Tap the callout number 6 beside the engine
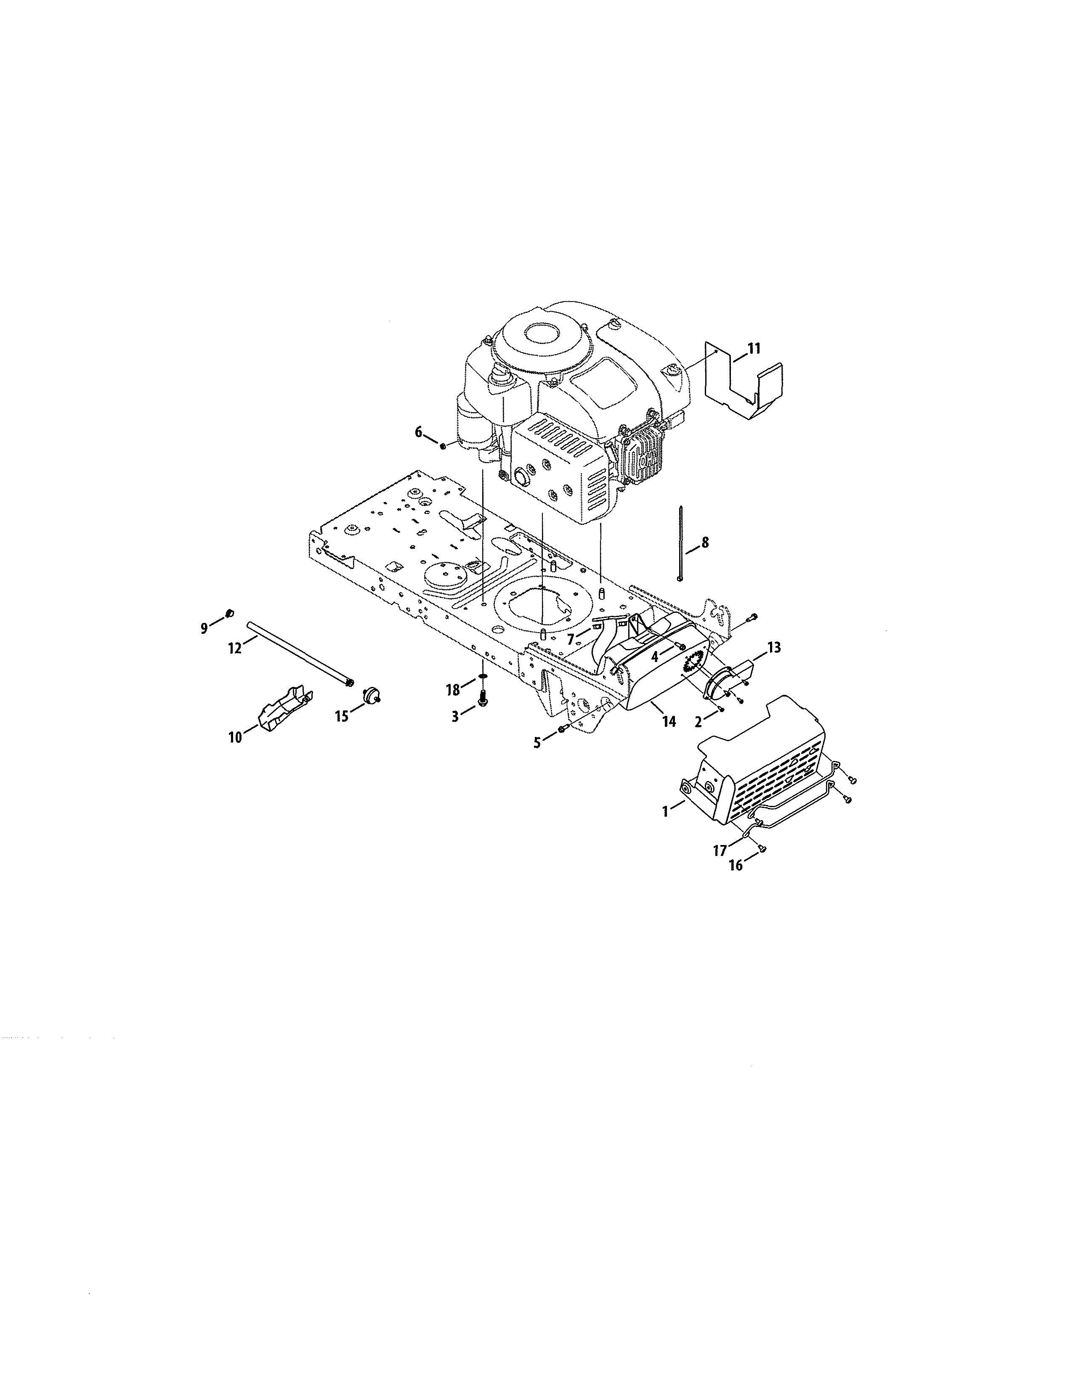418,432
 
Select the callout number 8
704,543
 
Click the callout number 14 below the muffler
669,721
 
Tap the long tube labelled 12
299,652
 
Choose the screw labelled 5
562,729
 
